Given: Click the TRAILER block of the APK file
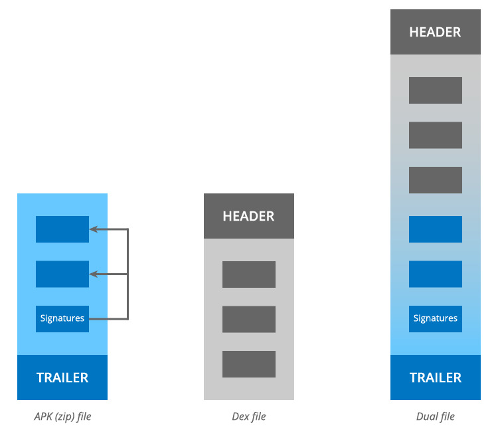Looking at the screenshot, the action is (x=62, y=378).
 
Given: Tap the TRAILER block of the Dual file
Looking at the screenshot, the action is (x=436, y=378).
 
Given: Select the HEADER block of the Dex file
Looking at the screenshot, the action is (x=249, y=216).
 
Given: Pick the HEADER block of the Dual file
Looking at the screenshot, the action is (x=436, y=32).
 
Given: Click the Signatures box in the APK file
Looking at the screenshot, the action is (x=62, y=319).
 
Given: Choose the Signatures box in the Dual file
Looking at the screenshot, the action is (x=436, y=319).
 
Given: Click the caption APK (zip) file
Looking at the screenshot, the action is (x=62, y=417).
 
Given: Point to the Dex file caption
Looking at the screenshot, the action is (x=249, y=417).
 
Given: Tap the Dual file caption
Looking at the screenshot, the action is (x=436, y=417).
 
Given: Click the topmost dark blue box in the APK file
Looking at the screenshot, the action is (x=62, y=229).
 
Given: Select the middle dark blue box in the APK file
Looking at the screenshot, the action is (x=62, y=274).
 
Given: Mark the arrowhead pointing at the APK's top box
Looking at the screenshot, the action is (x=94, y=229).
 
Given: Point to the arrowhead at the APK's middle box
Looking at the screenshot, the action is (x=94, y=274).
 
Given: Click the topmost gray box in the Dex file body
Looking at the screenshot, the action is (x=249, y=274).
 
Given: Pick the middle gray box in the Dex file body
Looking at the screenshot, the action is (x=249, y=319).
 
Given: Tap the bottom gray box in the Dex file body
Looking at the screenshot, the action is (x=249, y=364).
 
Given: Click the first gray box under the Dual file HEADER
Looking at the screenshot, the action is (x=436, y=90).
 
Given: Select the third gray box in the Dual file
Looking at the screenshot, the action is (x=436, y=180).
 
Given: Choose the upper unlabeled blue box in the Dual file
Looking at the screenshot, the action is (x=436, y=229).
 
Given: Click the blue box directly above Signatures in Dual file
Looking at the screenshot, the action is (x=436, y=274).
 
